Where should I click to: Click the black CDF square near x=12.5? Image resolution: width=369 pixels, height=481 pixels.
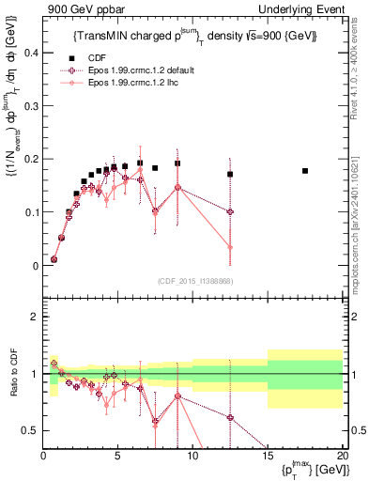(x=230, y=174)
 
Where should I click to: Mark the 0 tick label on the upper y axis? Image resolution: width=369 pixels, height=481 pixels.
(x=35, y=266)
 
